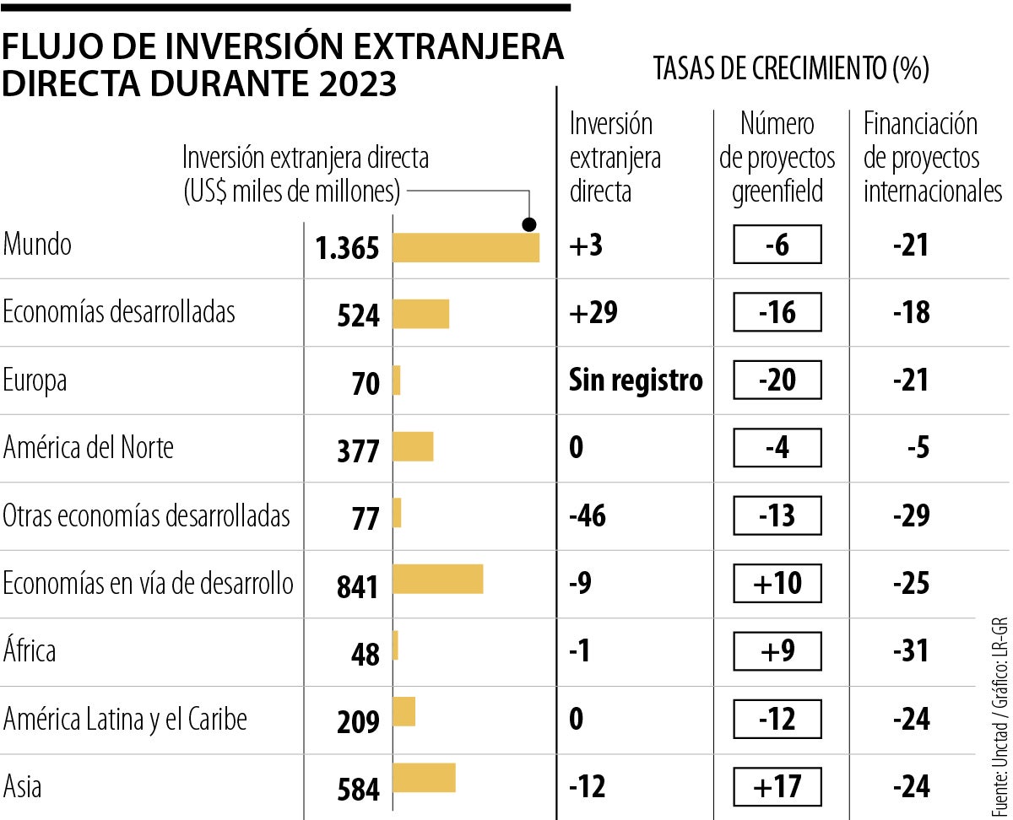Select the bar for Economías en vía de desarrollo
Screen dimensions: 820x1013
(438, 580)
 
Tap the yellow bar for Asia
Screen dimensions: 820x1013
(425, 778)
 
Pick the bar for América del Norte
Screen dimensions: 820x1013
(414, 446)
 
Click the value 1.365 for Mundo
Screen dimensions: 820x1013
(348, 248)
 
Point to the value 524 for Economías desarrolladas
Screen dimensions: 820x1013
(358, 316)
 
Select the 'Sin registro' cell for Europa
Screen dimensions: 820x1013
(636, 380)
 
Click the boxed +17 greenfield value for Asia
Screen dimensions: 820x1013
(777, 786)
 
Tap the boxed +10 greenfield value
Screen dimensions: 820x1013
(777, 583)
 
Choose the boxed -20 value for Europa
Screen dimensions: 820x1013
(777, 380)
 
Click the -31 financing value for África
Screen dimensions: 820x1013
(911, 650)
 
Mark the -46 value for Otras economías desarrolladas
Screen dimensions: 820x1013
(588, 515)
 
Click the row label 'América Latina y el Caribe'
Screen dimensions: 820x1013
(125, 720)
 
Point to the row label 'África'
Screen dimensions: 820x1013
(30, 651)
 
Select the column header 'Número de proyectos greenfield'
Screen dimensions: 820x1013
(777, 158)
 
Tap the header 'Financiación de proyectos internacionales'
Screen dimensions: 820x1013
(932, 158)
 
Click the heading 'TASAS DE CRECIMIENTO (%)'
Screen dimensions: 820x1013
(791, 69)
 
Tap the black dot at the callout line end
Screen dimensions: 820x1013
(529, 224)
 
